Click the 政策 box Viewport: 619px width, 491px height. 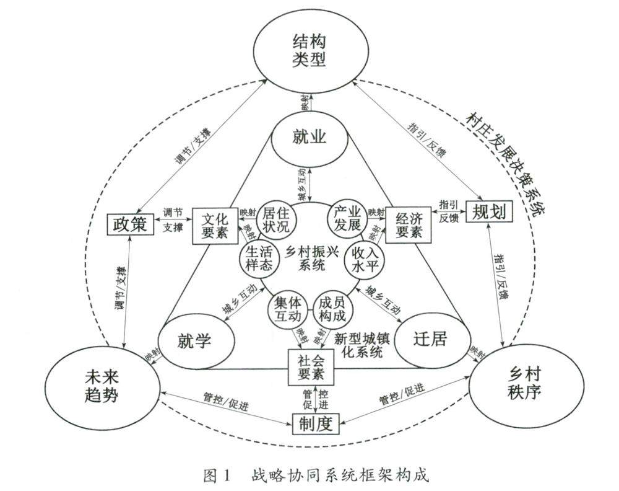(x=130, y=224)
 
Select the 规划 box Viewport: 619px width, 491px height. (x=489, y=213)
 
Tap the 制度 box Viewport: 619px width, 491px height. (x=316, y=425)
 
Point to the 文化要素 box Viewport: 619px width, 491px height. (x=215, y=224)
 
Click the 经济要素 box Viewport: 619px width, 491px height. (x=408, y=224)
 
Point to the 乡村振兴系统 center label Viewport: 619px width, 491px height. (x=311, y=259)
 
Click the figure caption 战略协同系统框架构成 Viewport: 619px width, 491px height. (x=340, y=475)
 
